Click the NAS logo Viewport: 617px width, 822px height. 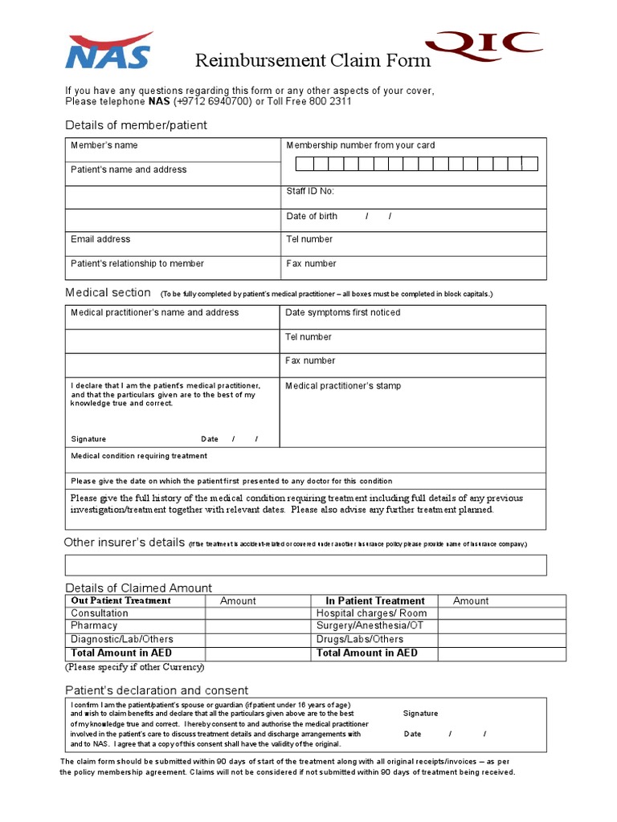pos(108,51)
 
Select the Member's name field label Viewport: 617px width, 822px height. pos(104,145)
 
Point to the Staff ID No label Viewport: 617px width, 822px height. pos(310,191)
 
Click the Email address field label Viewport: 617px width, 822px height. pos(100,239)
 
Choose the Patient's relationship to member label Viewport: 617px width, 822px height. pos(137,263)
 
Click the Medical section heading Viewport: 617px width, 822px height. pos(108,293)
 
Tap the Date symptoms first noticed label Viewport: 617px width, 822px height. pos(342,312)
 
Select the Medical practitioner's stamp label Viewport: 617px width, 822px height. pos(343,386)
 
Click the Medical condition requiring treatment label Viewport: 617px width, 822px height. pos(139,456)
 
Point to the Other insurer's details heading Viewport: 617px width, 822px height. pos(125,543)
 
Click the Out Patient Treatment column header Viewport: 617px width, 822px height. pos(121,600)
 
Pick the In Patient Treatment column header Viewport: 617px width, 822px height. pos(374,600)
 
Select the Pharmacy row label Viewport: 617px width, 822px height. pos(94,625)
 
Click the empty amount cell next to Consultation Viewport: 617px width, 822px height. pos(257,613)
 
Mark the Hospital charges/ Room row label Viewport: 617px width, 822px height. pos(371,613)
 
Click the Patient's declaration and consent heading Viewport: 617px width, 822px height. pos(157,690)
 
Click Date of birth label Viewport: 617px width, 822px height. pos(312,216)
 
